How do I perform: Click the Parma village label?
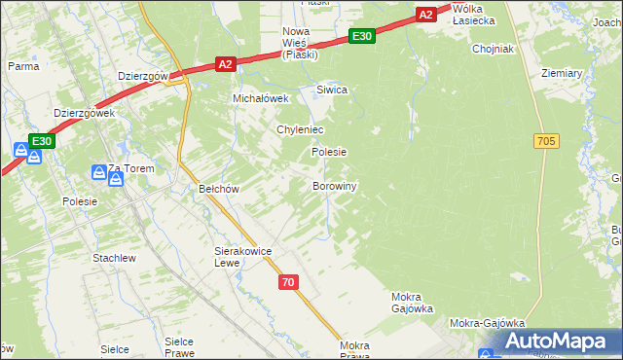click(22, 66)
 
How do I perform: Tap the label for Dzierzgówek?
click(85, 113)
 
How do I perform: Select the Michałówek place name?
click(261, 98)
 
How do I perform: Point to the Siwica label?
click(332, 90)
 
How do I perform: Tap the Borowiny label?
click(335, 186)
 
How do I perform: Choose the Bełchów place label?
click(218, 189)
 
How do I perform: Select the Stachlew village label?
click(114, 258)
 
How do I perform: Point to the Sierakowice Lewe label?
click(242, 257)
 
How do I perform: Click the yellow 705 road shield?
click(546, 141)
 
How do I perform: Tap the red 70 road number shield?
click(286, 282)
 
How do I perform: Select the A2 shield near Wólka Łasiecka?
click(426, 14)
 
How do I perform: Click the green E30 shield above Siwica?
click(361, 36)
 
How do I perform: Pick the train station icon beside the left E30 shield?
click(20, 150)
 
